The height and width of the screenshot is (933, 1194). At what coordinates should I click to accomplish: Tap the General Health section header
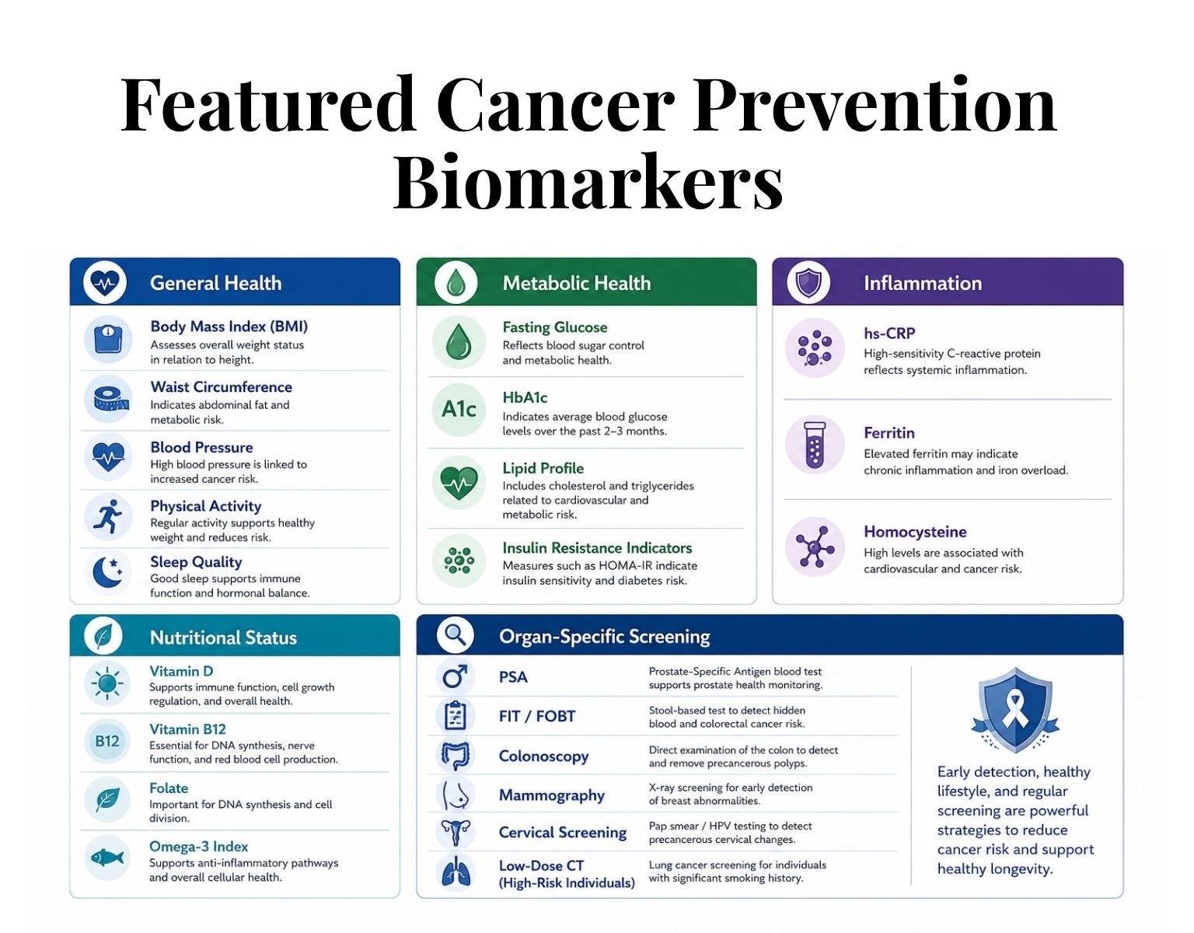coord(216,283)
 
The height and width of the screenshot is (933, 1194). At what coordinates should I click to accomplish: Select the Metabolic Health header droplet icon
coord(456,283)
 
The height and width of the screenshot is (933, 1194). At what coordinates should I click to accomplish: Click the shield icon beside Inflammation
coord(808,283)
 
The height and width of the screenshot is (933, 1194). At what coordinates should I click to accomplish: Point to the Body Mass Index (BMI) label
coord(229,327)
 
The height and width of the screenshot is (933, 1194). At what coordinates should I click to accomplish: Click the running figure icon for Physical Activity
coord(108,517)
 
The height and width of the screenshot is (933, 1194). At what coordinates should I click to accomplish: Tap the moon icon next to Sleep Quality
coord(108,572)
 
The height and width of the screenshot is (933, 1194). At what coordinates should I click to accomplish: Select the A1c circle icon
coord(459,410)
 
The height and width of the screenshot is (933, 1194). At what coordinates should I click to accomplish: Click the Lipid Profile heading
coord(543,468)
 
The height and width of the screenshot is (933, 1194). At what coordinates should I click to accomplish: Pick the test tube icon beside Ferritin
coord(815,445)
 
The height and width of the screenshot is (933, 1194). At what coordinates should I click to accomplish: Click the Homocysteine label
coord(916,532)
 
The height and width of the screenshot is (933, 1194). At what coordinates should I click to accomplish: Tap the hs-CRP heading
coord(889,334)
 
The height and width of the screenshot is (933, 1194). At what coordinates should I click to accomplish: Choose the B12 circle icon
coord(107,741)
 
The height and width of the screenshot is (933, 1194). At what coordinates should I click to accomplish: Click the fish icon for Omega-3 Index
coord(107,857)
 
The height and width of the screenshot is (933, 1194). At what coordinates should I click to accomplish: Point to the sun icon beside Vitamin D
coord(107,683)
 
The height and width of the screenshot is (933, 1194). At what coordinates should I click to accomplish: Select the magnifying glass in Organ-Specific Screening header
coord(456,635)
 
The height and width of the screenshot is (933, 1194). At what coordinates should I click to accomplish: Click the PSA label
coord(513,677)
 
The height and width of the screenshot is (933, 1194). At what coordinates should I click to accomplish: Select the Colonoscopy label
coord(543,757)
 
